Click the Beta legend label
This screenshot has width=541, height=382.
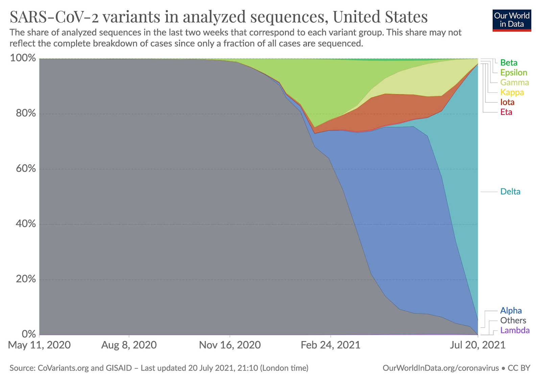pos(509,63)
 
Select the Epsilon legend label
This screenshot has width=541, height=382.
pos(514,72)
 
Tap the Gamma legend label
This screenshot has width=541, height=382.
pos(514,82)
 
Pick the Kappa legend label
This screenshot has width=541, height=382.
pos(512,92)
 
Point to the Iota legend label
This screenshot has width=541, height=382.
pos(507,102)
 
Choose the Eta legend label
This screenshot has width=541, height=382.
pos(506,112)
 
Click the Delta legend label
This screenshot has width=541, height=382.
pos(510,192)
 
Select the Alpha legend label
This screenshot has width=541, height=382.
pos(511,311)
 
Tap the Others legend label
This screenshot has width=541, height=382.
pos(513,320)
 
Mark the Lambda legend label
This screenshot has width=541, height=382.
pos(515,330)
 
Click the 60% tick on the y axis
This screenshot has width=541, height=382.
pos(26,168)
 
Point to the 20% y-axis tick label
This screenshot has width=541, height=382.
pos(26,279)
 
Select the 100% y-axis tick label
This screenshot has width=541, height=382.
pos(23,58)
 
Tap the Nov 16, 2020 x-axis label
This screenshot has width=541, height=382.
pos(230,345)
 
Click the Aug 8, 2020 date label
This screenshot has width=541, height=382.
pos(129,345)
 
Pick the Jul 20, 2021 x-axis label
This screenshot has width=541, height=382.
pos(477,345)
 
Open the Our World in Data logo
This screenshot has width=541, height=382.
pos(512,20)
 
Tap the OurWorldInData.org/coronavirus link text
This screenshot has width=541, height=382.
pos(441,368)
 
